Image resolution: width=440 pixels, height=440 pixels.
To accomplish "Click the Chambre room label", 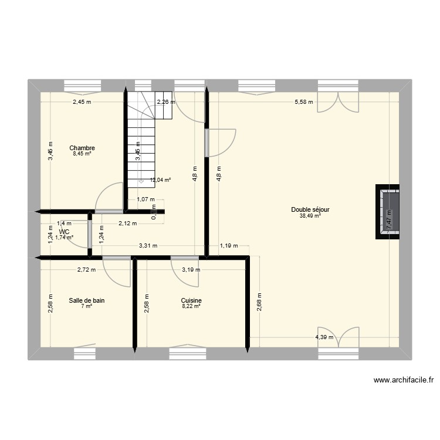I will coord(82,148).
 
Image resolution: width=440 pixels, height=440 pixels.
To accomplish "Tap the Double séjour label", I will coord(310,209).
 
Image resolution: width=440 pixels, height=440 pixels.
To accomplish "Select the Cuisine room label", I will coord(191,300).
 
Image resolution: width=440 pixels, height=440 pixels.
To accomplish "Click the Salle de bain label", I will coord(86,300).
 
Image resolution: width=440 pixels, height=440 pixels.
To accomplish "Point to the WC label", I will coord(64,232).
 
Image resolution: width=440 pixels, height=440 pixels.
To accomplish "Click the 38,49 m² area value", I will coord(310,216).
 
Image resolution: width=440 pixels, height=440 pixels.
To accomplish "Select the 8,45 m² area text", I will coord(82,154).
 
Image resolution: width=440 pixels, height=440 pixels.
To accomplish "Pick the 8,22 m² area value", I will coord(191,306).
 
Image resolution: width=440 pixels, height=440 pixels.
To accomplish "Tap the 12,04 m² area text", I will coord(160,180).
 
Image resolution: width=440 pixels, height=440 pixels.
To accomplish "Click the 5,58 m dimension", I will coord(303,102).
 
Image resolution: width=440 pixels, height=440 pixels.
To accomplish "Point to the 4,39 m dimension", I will coord(324,337).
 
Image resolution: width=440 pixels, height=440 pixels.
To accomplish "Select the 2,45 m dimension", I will coord(82,102).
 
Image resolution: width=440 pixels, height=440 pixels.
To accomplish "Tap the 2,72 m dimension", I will coord(87,270).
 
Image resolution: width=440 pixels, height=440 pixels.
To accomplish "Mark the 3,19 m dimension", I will coord(191,270).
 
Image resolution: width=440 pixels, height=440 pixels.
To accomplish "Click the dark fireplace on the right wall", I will coord(389,212).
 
